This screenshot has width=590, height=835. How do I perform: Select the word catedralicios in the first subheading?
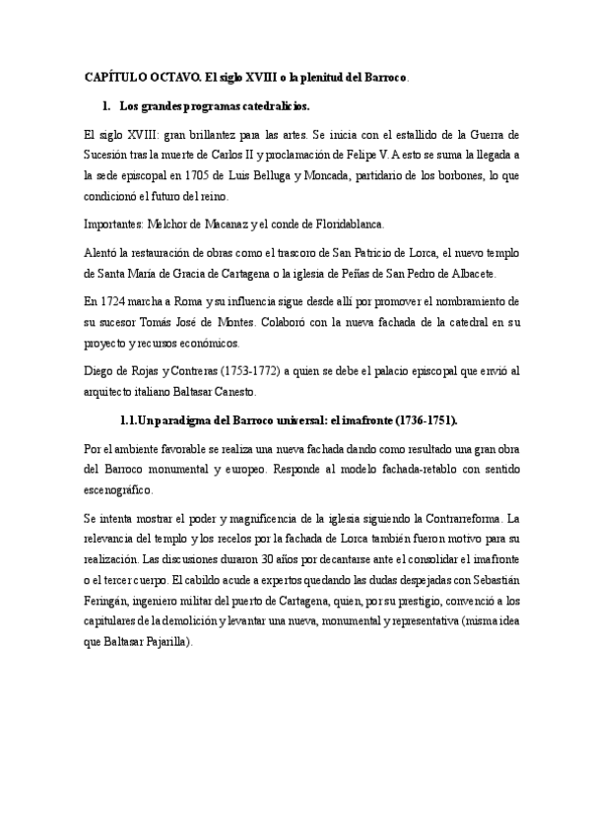269,105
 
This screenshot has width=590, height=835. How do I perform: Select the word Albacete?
472,274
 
